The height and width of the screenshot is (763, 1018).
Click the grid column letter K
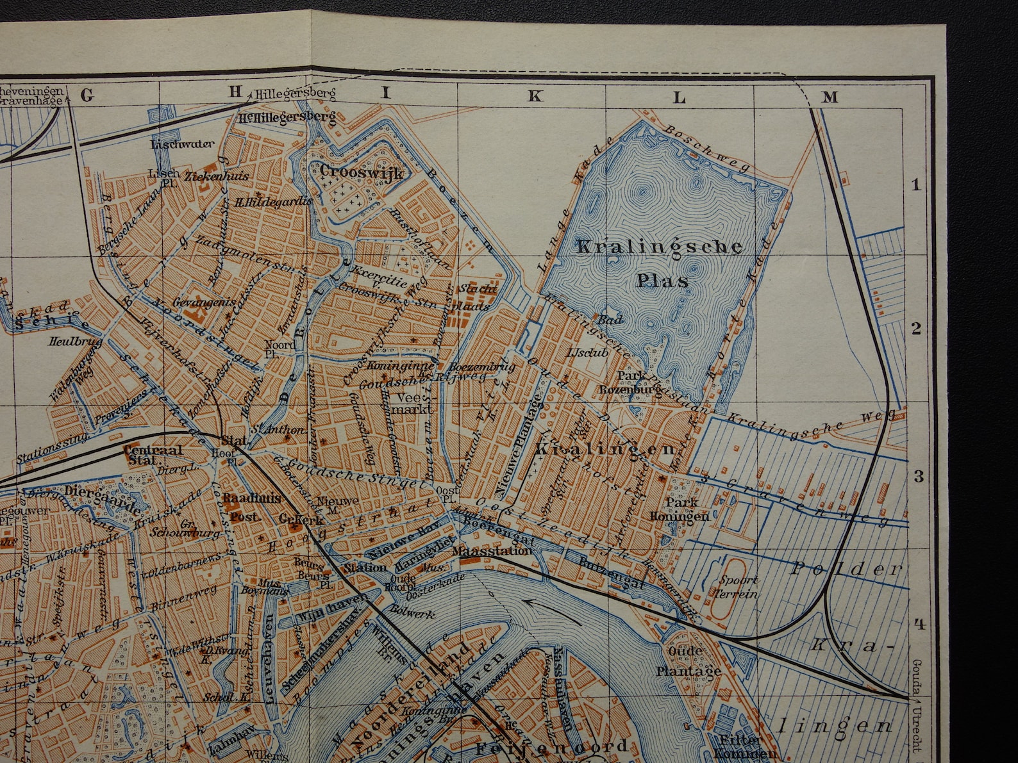click(535, 97)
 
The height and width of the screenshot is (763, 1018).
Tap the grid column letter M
click(830, 97)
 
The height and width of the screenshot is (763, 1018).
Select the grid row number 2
click(916, 329)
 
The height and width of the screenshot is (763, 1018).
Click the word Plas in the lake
click(662, 280)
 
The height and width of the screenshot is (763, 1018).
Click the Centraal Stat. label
click(153, 454)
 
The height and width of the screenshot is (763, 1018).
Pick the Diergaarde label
click(103, 497)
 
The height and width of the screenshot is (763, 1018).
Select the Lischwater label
click(183, 144)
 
